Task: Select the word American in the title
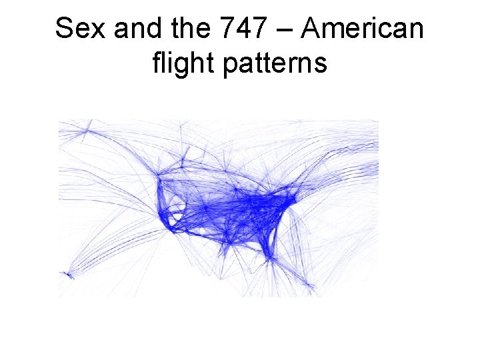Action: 363,29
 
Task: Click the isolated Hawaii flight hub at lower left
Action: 67,273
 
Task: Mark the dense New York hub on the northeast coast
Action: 292,198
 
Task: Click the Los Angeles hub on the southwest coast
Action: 172,230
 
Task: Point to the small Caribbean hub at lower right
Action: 309,287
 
